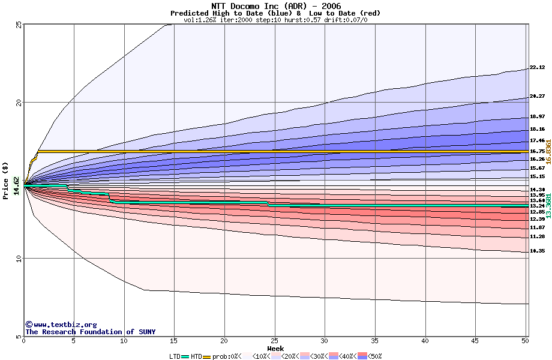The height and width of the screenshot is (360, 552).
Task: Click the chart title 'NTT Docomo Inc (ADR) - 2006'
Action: (x=275, y=6)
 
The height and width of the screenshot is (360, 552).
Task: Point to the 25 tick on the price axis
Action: (x=18, y=25)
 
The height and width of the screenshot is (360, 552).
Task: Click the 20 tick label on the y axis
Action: (x=18, y=103)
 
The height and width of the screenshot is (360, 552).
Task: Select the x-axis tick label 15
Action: (x=174, y=341)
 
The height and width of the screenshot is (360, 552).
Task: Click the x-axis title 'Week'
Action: (x=275, y=348)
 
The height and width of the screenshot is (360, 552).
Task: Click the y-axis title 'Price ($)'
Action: (x=6, y=181)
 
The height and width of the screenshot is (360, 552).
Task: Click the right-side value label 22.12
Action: (x=537, y=68)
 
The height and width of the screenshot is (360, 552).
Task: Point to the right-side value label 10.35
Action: (x=537, y=251)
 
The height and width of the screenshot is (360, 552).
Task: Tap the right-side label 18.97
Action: (x=537, y=116)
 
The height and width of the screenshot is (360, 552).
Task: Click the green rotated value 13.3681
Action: (x=548, y=202)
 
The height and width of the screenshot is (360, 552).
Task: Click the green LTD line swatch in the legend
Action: (x=185, y=356)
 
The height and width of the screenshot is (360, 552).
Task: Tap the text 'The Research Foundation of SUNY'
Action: (x=90, y=332)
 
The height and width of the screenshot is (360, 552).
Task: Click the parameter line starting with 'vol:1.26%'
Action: (x=275, y=20)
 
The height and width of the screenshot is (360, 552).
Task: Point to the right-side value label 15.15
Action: (x=537, y=177)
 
